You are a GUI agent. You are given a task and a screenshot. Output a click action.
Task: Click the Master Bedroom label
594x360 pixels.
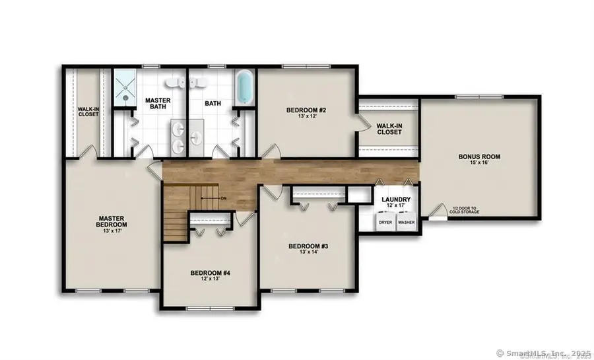coord(112,221)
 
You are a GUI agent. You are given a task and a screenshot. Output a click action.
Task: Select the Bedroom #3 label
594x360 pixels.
coord(308,246)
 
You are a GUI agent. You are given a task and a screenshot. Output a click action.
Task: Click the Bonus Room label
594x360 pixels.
coord(480,157)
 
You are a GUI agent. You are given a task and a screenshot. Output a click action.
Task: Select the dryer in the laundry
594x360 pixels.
coord(385,223)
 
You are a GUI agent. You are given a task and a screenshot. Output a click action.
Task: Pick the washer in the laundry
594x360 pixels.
coord(406,223)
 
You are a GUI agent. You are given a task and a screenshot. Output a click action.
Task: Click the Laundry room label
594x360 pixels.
coord(396,199)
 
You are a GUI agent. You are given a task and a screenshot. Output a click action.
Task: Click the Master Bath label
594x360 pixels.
coord(158,104)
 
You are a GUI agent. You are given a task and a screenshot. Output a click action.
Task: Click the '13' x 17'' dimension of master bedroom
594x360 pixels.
coord(112,231)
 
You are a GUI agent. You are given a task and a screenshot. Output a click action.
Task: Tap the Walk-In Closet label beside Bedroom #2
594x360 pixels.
coord(389,128)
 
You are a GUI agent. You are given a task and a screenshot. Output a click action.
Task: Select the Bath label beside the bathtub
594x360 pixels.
coord(213,104)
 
